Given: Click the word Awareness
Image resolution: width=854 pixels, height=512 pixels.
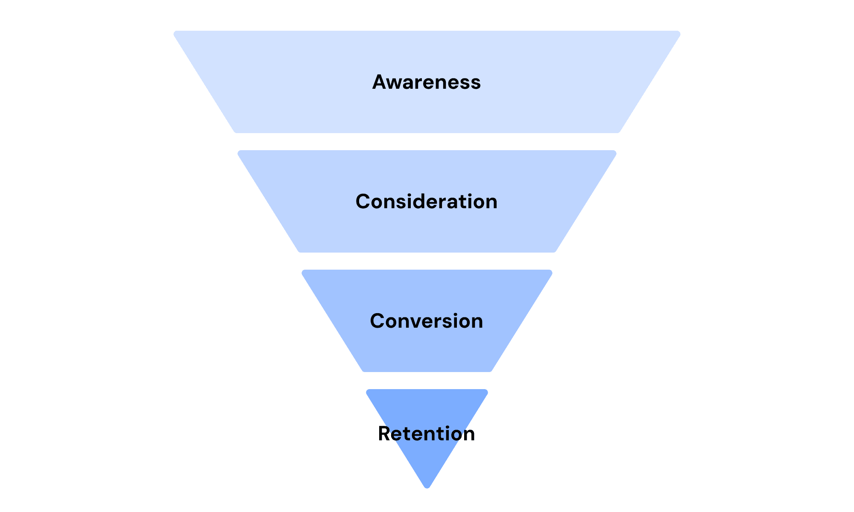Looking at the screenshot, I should (426, 82).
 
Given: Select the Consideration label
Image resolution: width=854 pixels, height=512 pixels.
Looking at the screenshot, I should (426, 201).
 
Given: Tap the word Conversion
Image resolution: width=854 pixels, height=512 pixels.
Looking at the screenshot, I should (426, 321).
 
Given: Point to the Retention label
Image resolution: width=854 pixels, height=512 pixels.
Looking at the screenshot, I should (426, 433).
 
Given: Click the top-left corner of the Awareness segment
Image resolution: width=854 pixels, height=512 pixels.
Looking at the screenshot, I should (175, 32).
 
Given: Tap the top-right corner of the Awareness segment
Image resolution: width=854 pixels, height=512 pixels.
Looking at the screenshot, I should (679, 32).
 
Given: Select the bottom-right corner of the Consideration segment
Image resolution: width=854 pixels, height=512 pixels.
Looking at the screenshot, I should (554, 251).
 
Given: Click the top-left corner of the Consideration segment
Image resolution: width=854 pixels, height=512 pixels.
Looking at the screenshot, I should (239, 152).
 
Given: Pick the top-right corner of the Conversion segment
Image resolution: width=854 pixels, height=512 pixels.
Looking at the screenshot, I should (551, 271).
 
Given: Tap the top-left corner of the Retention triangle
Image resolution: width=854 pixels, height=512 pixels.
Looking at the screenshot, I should (368, 391).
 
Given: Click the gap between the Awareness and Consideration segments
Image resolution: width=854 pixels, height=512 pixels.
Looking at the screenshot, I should (427, 142).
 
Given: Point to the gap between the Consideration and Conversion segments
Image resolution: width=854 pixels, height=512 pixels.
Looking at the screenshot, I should (427, 261).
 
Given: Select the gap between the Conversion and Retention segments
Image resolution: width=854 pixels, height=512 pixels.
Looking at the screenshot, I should (427, 381).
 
